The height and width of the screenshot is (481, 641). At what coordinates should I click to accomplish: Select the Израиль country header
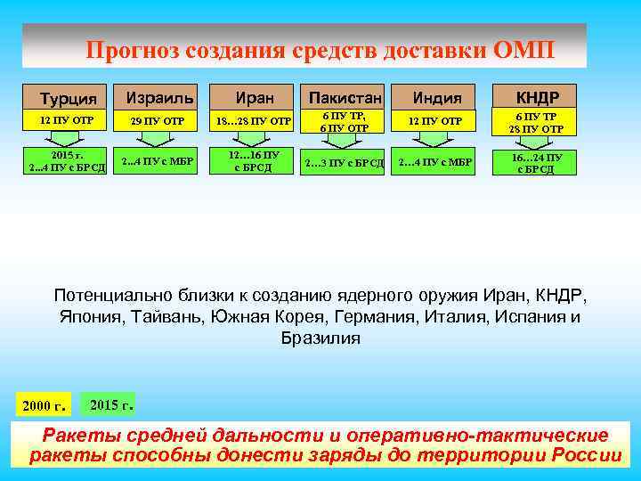click(159, 95)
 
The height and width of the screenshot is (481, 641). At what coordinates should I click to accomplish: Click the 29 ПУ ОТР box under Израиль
click(158, 120)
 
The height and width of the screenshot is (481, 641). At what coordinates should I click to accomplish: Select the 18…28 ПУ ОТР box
click(253, 120)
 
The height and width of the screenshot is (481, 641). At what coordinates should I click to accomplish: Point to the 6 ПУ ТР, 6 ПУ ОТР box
click(344, 121)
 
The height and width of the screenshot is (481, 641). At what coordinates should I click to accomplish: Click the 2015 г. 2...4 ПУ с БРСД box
click(67, 162)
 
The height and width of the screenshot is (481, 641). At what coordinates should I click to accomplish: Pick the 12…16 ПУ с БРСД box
click(254, 161)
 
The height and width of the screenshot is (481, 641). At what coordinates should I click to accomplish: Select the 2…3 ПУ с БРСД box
click(344, 162)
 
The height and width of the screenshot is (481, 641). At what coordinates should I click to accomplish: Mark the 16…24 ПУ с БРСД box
click(536, 162)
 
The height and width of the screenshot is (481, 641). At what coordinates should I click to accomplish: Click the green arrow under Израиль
click(158, 139)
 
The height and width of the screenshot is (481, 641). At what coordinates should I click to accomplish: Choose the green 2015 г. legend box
click(111, 404)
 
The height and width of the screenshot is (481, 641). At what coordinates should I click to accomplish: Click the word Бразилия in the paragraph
click(320, 338)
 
